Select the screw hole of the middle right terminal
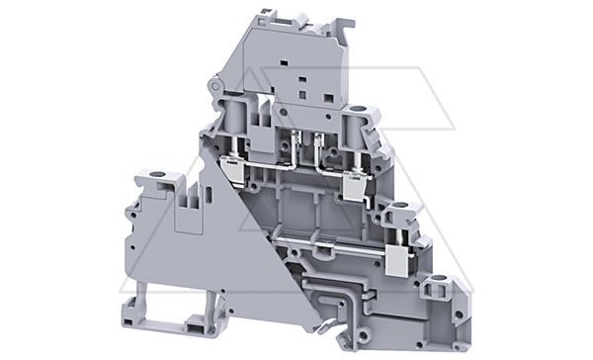click(400, 210)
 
